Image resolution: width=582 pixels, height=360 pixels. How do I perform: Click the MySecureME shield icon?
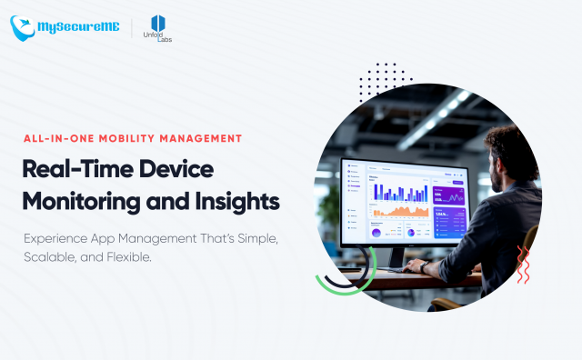tap(24, 27)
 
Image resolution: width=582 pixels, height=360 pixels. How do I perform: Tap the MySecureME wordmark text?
tap(80, 28)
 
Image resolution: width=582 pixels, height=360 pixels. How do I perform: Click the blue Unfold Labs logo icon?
tap(159, 23)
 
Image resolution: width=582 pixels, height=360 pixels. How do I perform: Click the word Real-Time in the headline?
tap(78, 168)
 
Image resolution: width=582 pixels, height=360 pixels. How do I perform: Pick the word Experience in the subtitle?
tap(62, 237)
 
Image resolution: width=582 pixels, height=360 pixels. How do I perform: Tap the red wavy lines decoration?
tap(522, 265)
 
